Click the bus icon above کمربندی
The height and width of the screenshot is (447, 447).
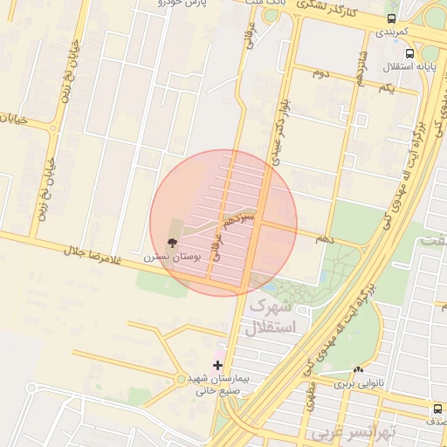coord(390,17)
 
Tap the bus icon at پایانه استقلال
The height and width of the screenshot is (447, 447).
coord(385,52)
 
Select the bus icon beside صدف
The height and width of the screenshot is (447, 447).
coord(437,409)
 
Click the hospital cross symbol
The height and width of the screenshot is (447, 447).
coord(217,365)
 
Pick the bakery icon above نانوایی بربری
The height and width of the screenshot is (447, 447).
coord(358,370)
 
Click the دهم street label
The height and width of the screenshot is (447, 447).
coord(324,237)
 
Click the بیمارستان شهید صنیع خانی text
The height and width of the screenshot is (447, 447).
coord(218,386)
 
